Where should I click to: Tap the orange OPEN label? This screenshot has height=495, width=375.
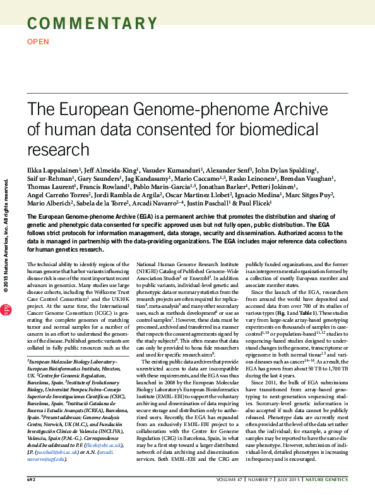click(39, 42)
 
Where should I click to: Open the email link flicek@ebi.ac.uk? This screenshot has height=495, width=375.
click(104, 444)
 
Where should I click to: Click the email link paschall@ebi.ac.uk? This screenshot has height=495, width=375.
click(57, 451)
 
